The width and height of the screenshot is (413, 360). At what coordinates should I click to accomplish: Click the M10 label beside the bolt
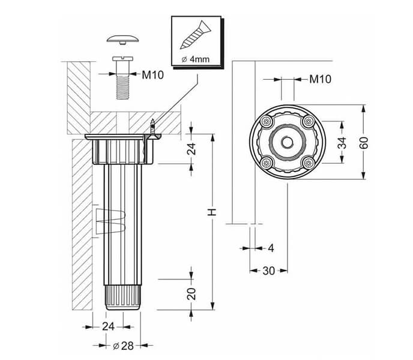point(152,75)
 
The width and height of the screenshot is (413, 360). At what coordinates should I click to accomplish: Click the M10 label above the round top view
point(321,79)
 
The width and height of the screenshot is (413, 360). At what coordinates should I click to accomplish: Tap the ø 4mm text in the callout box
point(194,59)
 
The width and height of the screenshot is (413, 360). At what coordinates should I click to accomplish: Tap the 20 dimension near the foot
point(191,294)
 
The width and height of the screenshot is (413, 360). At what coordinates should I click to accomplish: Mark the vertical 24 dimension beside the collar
point(191,149)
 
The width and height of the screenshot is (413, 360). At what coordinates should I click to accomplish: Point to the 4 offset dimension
point(271,247)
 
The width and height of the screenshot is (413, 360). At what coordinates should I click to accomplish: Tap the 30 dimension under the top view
point(268,271)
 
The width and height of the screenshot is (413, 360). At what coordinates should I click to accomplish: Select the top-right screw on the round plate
point(308,122)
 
